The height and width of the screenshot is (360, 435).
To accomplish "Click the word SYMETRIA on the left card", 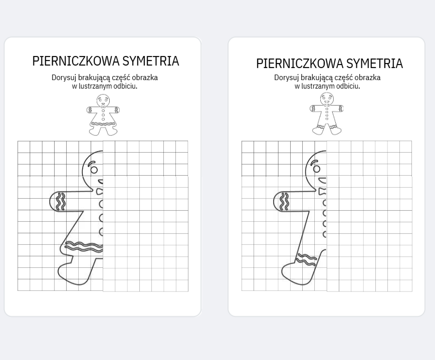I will point(150,61).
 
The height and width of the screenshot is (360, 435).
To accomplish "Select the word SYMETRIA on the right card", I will point(374,64).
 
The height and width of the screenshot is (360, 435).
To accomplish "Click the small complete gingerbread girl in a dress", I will point(103,114).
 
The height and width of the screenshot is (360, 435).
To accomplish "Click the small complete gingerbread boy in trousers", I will point(327,114).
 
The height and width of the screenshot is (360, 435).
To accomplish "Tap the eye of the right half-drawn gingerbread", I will point(316,169).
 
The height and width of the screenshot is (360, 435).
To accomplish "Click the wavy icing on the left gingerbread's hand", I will point(61,201).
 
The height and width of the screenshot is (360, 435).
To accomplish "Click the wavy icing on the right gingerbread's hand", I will point(284,201).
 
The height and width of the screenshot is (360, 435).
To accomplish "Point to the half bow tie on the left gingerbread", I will point(100,191).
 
